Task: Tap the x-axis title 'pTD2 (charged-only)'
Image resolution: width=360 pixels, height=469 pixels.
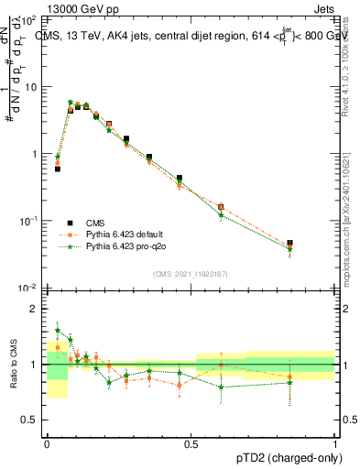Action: (283, 455)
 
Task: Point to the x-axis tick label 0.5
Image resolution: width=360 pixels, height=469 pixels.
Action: (191, 443)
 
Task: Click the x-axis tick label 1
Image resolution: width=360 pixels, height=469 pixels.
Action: (334, 443)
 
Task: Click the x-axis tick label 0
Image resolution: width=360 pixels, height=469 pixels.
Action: (47, 443)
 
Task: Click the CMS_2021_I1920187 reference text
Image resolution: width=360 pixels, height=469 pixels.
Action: (190, 274)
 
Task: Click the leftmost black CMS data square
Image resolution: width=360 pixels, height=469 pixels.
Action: (58, 169)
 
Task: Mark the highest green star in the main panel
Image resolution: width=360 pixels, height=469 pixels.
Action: (71, 103)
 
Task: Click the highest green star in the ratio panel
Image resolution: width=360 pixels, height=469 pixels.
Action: (58, 330)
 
